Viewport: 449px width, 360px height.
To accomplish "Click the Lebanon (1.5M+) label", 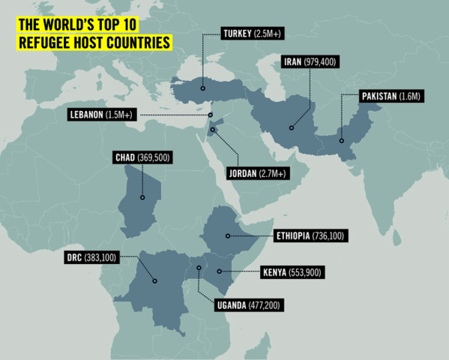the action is click(101, 115).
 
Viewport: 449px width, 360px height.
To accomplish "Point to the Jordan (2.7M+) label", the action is click(255, 173).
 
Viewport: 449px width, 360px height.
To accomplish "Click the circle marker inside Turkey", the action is click(202, 88).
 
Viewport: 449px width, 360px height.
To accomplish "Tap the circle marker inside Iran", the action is click(292, 127).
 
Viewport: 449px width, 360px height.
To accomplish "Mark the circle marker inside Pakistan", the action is click(342, 139).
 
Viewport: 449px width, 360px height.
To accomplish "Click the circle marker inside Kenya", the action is click(219, 271).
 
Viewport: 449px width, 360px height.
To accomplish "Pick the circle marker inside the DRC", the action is click(154, 281).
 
